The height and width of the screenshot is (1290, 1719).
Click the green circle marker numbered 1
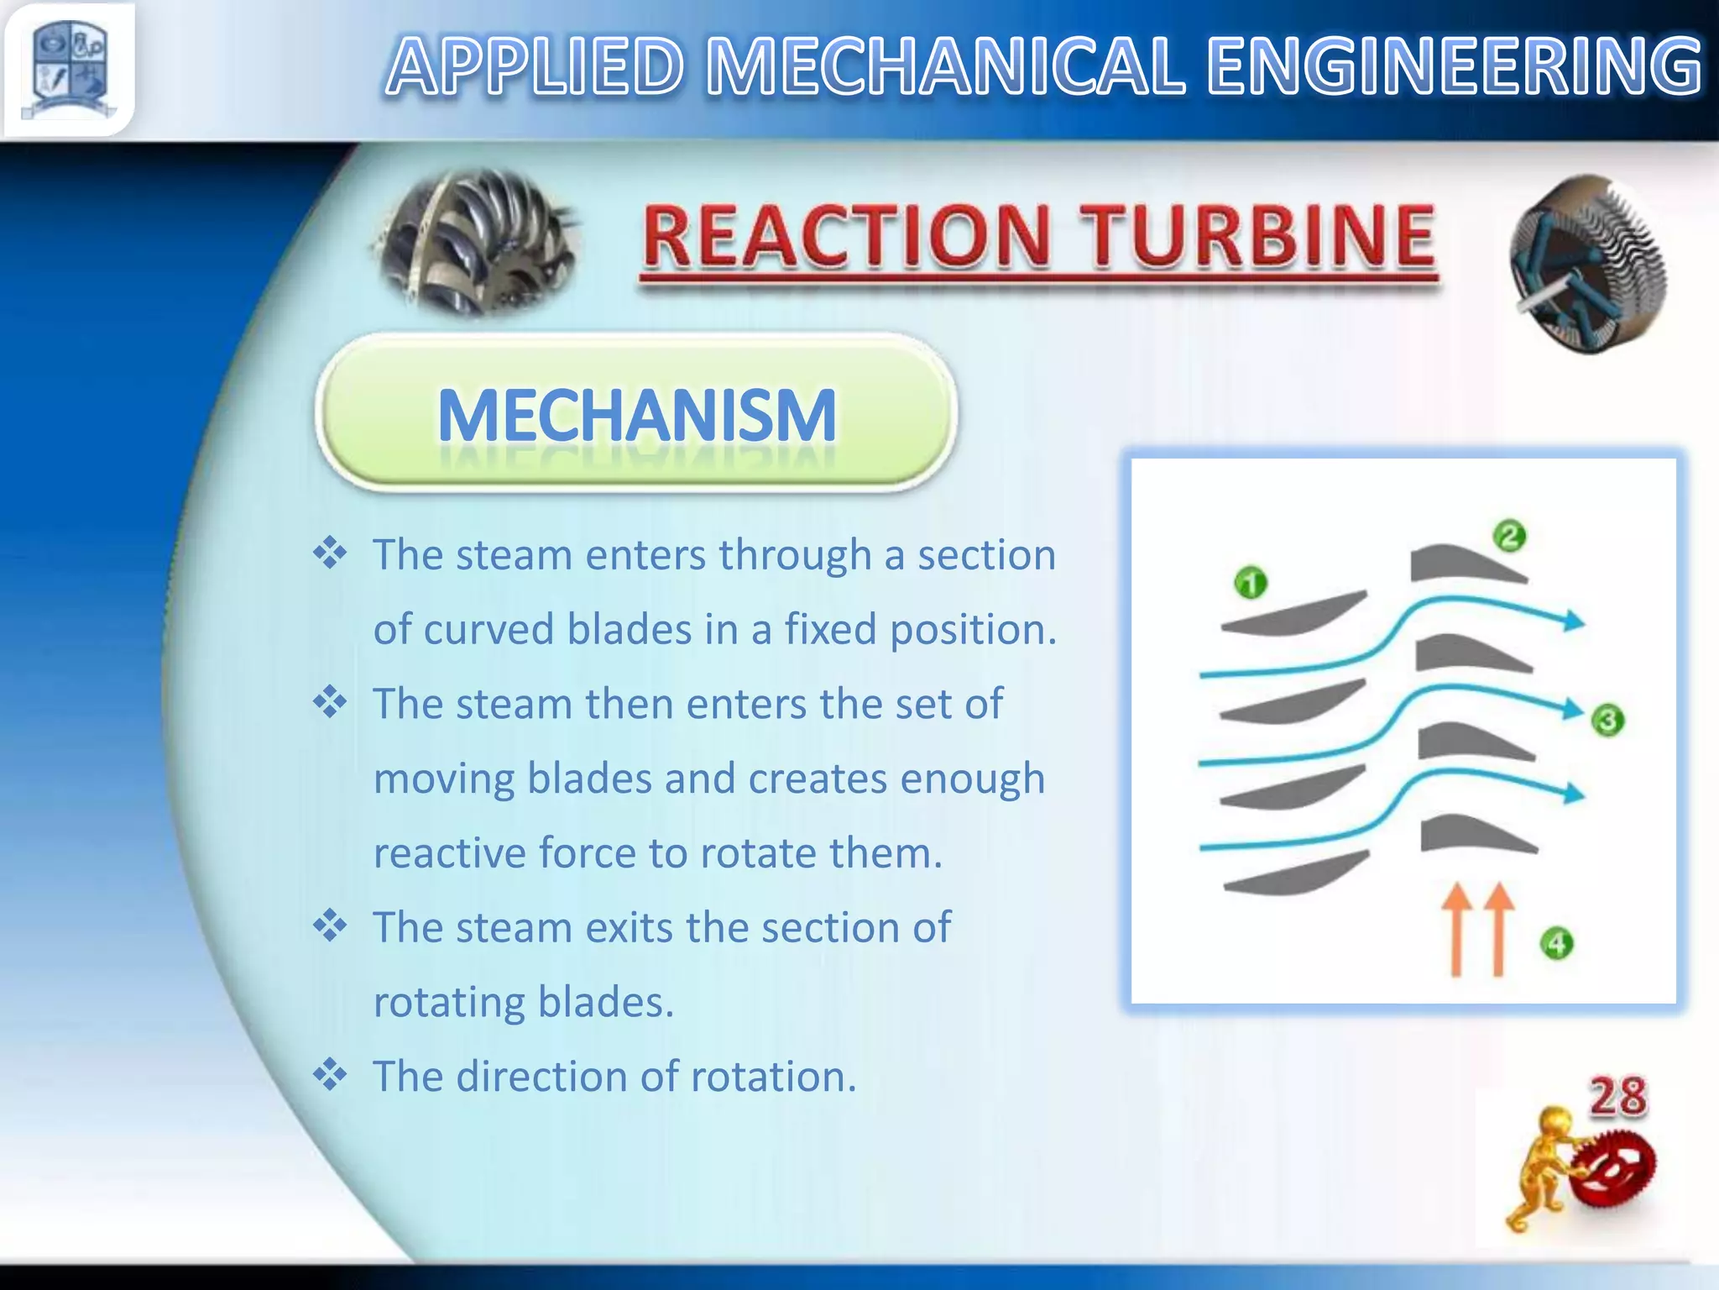tap(1251, 582)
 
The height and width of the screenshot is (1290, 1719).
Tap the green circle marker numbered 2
tap(1509, 535)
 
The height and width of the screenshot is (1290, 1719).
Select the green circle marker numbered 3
tap(1607, 720)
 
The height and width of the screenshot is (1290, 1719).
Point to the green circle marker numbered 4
tap(1557, 943)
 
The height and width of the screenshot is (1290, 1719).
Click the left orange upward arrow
tap(1456, 928)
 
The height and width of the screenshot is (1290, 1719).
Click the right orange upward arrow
tap(1498, 928)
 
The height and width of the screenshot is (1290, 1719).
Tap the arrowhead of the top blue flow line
tap(1573, 621)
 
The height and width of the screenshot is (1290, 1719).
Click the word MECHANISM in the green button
tap(637, 415)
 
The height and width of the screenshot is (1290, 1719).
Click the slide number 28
tap(1617, 1097)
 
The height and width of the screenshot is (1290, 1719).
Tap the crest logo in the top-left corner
tap(70, 69)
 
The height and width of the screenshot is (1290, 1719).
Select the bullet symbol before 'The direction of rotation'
tap(330, 1074)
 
